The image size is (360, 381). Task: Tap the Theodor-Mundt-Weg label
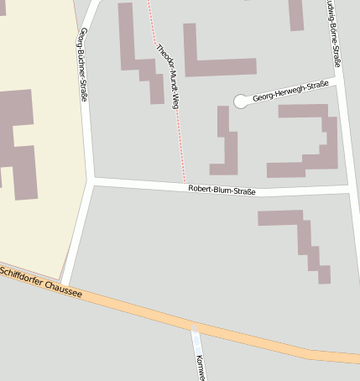169,75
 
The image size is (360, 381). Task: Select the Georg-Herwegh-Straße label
290,91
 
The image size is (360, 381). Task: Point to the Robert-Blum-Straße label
222,190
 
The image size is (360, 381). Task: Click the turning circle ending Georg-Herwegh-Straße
242,102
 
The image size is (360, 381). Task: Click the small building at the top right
296,14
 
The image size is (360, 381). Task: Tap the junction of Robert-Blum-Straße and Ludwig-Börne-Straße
347,190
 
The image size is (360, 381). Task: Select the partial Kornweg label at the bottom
200,367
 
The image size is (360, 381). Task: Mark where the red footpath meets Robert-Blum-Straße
185,184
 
